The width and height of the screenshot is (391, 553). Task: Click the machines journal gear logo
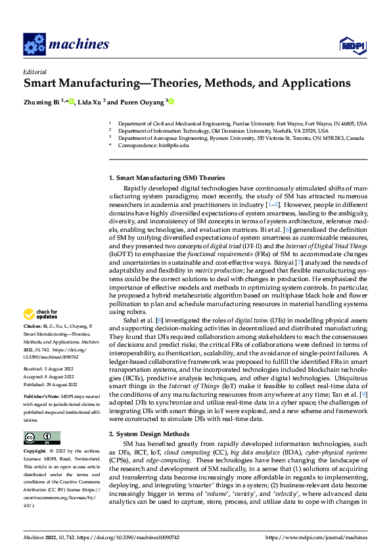pos(34,45)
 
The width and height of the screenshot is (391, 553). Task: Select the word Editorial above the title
pos(35,72)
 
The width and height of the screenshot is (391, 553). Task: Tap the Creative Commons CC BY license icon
pos(41,420)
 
